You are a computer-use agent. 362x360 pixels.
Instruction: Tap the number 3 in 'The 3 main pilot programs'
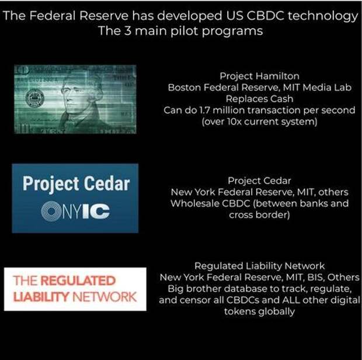click(128, 31)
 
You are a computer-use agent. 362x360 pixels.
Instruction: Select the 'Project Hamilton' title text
click(259, 76)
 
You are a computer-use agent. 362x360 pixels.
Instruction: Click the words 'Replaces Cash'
click(259, 99)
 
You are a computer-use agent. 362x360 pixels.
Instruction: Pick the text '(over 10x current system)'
click(259, 122)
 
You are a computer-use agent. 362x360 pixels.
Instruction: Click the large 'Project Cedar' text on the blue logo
click(76, 184)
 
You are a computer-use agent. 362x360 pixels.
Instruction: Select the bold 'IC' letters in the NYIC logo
click(96, 211)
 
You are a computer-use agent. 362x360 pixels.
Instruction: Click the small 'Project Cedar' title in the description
click(259, 181)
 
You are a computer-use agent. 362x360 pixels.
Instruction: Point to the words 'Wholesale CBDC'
click(210, 203)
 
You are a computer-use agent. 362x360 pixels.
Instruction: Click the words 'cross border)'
click(259, 215)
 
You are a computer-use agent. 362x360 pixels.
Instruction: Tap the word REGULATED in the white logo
click(78, 281)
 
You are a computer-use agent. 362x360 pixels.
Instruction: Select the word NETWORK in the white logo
click(105, 297)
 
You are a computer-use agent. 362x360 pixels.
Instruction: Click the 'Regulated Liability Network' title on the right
click(259, 266)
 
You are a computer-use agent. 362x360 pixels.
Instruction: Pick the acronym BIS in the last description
click(315, 277)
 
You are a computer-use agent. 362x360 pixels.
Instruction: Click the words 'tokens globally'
click(259, 311)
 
